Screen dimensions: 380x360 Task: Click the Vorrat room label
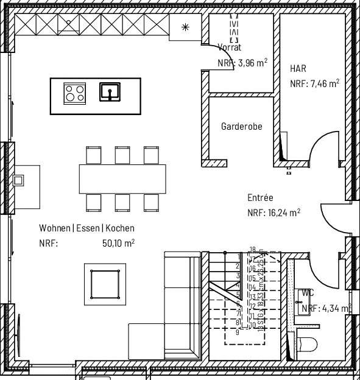[x=230, y=47]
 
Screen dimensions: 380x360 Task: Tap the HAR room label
[x=298, y=69]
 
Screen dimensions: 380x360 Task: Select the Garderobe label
[x=241, y=127]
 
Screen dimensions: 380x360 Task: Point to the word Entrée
[x=260, y=198]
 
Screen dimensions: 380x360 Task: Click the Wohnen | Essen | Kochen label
[x=86, y=228]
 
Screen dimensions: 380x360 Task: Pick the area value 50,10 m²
[x=118, y=242]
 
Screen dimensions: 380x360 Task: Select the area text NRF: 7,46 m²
[x=314, y=84]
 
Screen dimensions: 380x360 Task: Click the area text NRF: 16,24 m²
[x=274, y=213]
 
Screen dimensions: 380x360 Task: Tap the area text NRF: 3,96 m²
[x=242, y=62]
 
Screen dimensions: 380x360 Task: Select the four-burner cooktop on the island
[x=75, y=93]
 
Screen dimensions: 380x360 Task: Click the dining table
[x=122, y=178]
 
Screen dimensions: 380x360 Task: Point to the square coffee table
[x=105, y=284]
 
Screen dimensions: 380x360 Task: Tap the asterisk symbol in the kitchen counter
[x=186, y=27]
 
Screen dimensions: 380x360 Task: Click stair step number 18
[x=252, y=249]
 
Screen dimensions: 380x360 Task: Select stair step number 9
[x=237, y=332]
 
